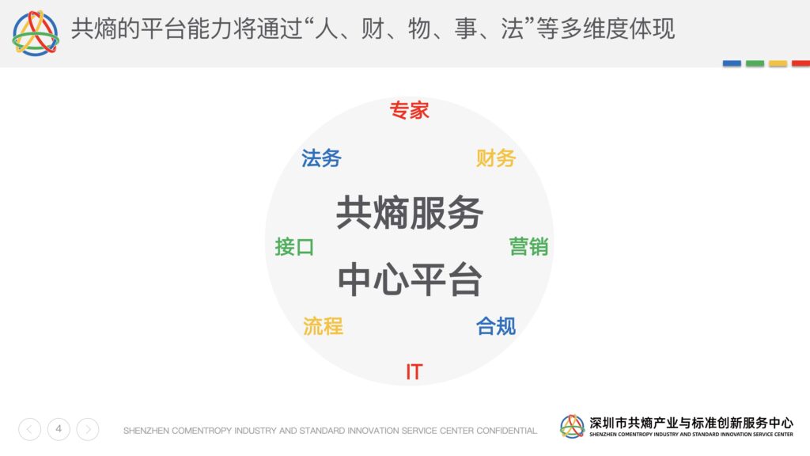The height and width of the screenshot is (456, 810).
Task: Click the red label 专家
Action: pos(409,110)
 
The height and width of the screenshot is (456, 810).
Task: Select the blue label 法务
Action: pos(321,158)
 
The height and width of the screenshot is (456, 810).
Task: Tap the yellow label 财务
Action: pos(496,158)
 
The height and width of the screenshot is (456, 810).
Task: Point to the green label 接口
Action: pos(294,247)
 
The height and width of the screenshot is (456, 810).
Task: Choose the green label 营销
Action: pos(528,247)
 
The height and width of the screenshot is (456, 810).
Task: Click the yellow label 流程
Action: pos(323,326)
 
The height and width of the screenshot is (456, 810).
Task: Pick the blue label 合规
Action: pos(496,326)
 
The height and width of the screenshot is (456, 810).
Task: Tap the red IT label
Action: pos(414,372)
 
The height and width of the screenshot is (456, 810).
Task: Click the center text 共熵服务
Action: pos(410,212)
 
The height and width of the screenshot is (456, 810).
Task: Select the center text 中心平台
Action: pos(410,279)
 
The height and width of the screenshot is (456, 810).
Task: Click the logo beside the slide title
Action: pos(36,32)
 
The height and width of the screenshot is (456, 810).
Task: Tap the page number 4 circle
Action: pos(59,429)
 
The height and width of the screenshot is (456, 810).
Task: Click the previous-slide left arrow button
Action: pos(30,429)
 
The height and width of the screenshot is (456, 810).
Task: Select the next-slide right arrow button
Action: pos(88,429)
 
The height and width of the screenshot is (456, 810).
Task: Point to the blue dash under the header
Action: pos(732,63)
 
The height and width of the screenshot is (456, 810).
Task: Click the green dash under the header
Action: pos(755,63)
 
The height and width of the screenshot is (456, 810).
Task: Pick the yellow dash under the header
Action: pos(778,63)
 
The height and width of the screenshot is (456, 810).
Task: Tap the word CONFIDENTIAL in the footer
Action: pos(507,431)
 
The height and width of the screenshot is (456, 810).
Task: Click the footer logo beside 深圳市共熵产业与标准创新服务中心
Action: pos(573,427)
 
